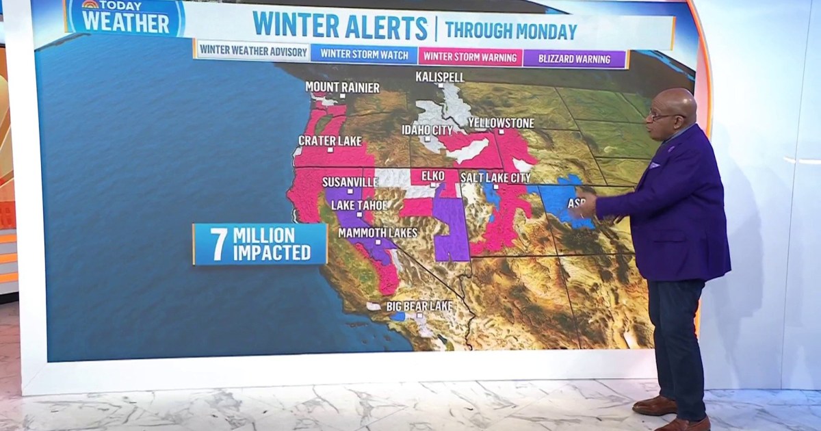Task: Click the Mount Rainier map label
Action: pyautogui.click(x=342, y=87)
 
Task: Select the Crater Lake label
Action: pyautogui.click(x=330, y=140)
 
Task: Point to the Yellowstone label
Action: pyautogui.click(x=501, y=123)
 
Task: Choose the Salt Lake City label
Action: pyautogui.click(x=495, y=178)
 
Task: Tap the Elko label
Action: pyautogui.click(x=433, y=176)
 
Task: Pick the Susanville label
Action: pyautogui.click(x=350, y=183)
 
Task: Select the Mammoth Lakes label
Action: pyautogui.click(x=378, y=233)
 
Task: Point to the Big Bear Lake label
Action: pyautogui.click(x=419, y=306)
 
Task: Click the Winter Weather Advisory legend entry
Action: pyautogui.click(x=251, y=53)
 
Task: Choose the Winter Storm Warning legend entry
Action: pyautogui.click(x=470, y=57)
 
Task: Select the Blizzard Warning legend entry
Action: pyautogui.click(x=575, y=59)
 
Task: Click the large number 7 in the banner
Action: pyautogui.click(x=218, y=245)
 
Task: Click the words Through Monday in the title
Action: pyautogui.click(x=511, y=31)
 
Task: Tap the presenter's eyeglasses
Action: pyautogui.click(x=658, y=116)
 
